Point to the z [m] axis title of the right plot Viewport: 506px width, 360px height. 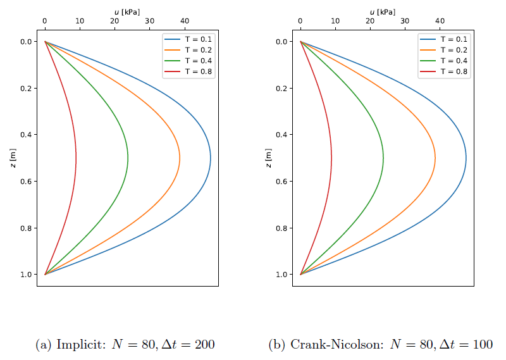tap(268, 158)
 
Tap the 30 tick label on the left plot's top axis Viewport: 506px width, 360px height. tap(149, 21)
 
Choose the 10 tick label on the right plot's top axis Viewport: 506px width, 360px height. tap(335, 21)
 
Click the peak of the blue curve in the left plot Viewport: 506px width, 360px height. tap(211, 158)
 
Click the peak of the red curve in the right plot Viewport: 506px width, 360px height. tap(331, 158)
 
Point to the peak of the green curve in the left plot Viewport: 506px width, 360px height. tap(128, 158)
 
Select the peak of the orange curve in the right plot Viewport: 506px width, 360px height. tap(435, 158)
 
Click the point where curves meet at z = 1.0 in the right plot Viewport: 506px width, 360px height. tap(300, 274)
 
